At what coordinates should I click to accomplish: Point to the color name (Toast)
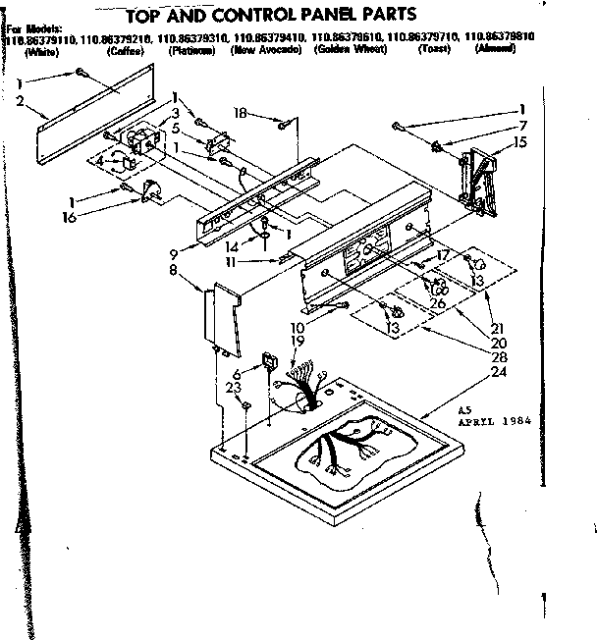pyautogui.click(x=433, y=49)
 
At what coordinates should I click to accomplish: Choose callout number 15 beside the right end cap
pyautogui.click(x=518, y=143)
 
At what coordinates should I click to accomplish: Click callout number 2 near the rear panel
pyautogui.click(x=20, y=101)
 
